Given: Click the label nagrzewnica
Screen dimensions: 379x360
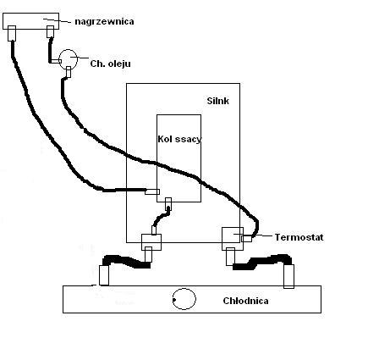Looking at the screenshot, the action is tap(104, 22).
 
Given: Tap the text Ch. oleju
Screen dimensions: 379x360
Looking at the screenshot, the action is tap(110, 64).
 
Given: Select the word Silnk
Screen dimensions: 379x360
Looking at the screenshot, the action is tap(217, 101).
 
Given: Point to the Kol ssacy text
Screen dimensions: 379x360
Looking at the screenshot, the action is tap(179, 139).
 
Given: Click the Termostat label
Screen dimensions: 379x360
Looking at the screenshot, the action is tap(299, 237).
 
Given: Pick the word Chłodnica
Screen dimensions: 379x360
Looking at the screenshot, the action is tap(245, 301).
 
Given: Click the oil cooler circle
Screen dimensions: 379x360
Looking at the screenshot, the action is tap(69, 59).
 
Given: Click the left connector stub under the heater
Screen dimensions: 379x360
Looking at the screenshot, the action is tap(12, 33).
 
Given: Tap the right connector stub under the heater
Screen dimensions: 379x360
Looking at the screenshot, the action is tap(50, 31).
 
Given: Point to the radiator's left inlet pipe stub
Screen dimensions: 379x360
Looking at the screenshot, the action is tap(104, 275).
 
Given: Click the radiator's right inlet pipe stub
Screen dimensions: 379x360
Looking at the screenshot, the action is tap(288, 276).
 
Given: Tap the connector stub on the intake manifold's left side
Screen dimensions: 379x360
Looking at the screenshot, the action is tap(152, 192).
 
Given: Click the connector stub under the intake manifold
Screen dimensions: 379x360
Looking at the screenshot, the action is tap(168, 202).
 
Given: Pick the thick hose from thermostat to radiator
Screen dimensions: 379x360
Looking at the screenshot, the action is tap(261, 262).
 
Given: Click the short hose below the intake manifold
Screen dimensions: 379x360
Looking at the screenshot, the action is tap(161, 217).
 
